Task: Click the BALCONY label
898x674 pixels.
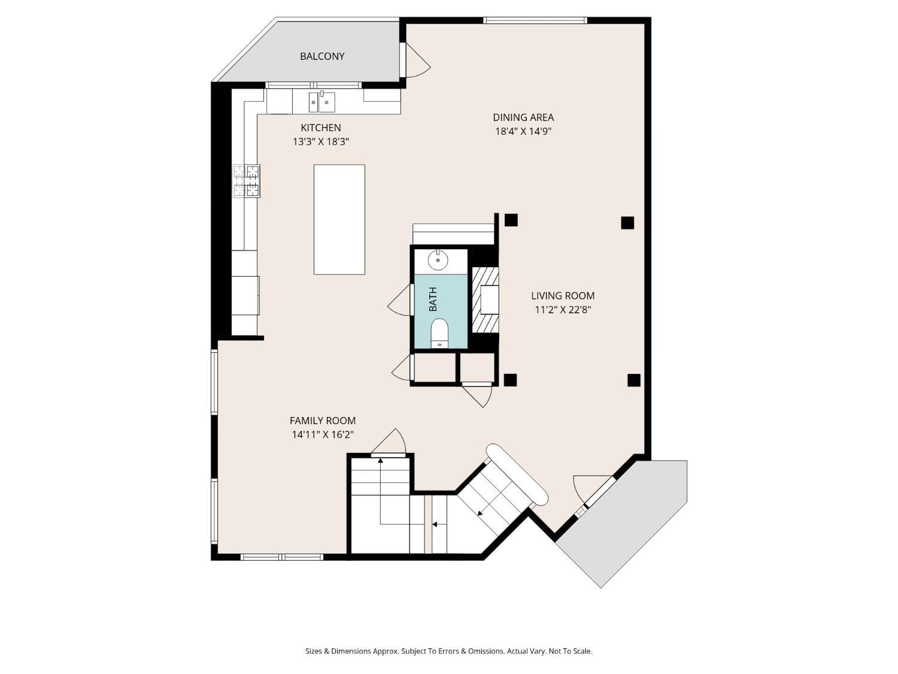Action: (x=322, y=56)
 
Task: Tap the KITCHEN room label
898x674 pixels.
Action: (x=321, y=128)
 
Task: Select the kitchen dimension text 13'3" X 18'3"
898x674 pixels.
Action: (x=321, y=142)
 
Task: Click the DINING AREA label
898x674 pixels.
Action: (x=523, y=117)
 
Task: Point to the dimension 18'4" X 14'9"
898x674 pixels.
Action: (x=523, y=132)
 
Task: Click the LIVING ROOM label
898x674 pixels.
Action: (x=563, y=295)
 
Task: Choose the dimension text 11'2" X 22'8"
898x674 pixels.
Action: (x=563, y=310)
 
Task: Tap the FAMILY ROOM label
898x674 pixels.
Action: (x=323, y=421)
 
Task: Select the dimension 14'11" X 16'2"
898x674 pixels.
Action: (x=323, y=435)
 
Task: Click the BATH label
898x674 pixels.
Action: (x=433, y=299)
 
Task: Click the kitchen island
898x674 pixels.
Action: (x=339, y=219)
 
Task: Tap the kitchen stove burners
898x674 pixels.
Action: (x=246, y=181)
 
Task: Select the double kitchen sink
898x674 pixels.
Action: (x=322, y=102)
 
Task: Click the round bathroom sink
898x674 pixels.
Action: (x=438, y=260)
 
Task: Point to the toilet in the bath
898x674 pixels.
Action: (x=439, y=333)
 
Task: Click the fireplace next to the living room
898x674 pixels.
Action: (x=486, y=300)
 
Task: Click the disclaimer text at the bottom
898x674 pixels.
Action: (x=448, y=651)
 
